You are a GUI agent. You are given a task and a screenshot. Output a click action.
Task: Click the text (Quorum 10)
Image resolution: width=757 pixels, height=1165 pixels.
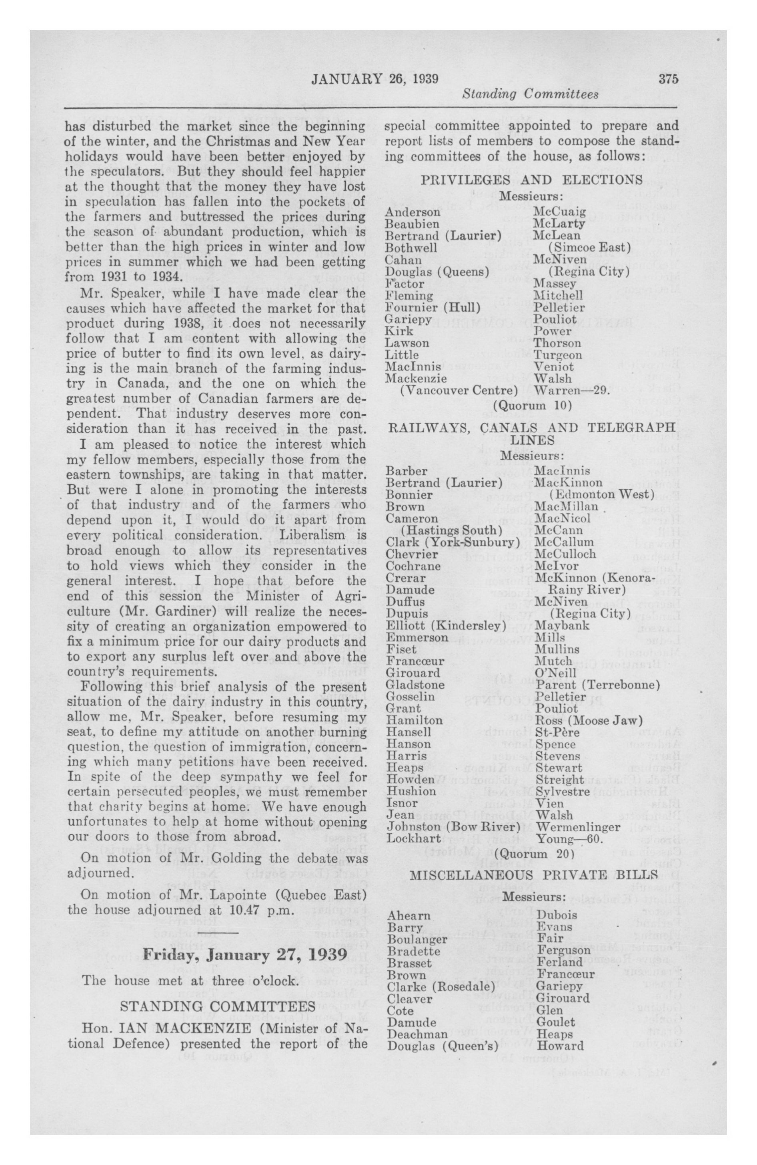pos(533,406)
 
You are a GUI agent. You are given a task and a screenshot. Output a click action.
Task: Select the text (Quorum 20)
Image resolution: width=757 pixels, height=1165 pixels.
pos(533,854)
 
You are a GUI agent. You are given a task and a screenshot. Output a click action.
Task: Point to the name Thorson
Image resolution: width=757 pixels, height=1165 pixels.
pos(557,343)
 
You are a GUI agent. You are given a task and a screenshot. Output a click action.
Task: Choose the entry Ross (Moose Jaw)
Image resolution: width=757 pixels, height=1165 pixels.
pos(589,721)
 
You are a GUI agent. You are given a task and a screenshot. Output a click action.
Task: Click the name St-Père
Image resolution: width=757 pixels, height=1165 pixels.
pos(557,732)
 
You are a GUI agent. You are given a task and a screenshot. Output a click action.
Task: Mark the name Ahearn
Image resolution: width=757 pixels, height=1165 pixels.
pos(409,915)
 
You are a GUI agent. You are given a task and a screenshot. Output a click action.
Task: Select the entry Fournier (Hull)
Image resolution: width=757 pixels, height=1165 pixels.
pos(433,307)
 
